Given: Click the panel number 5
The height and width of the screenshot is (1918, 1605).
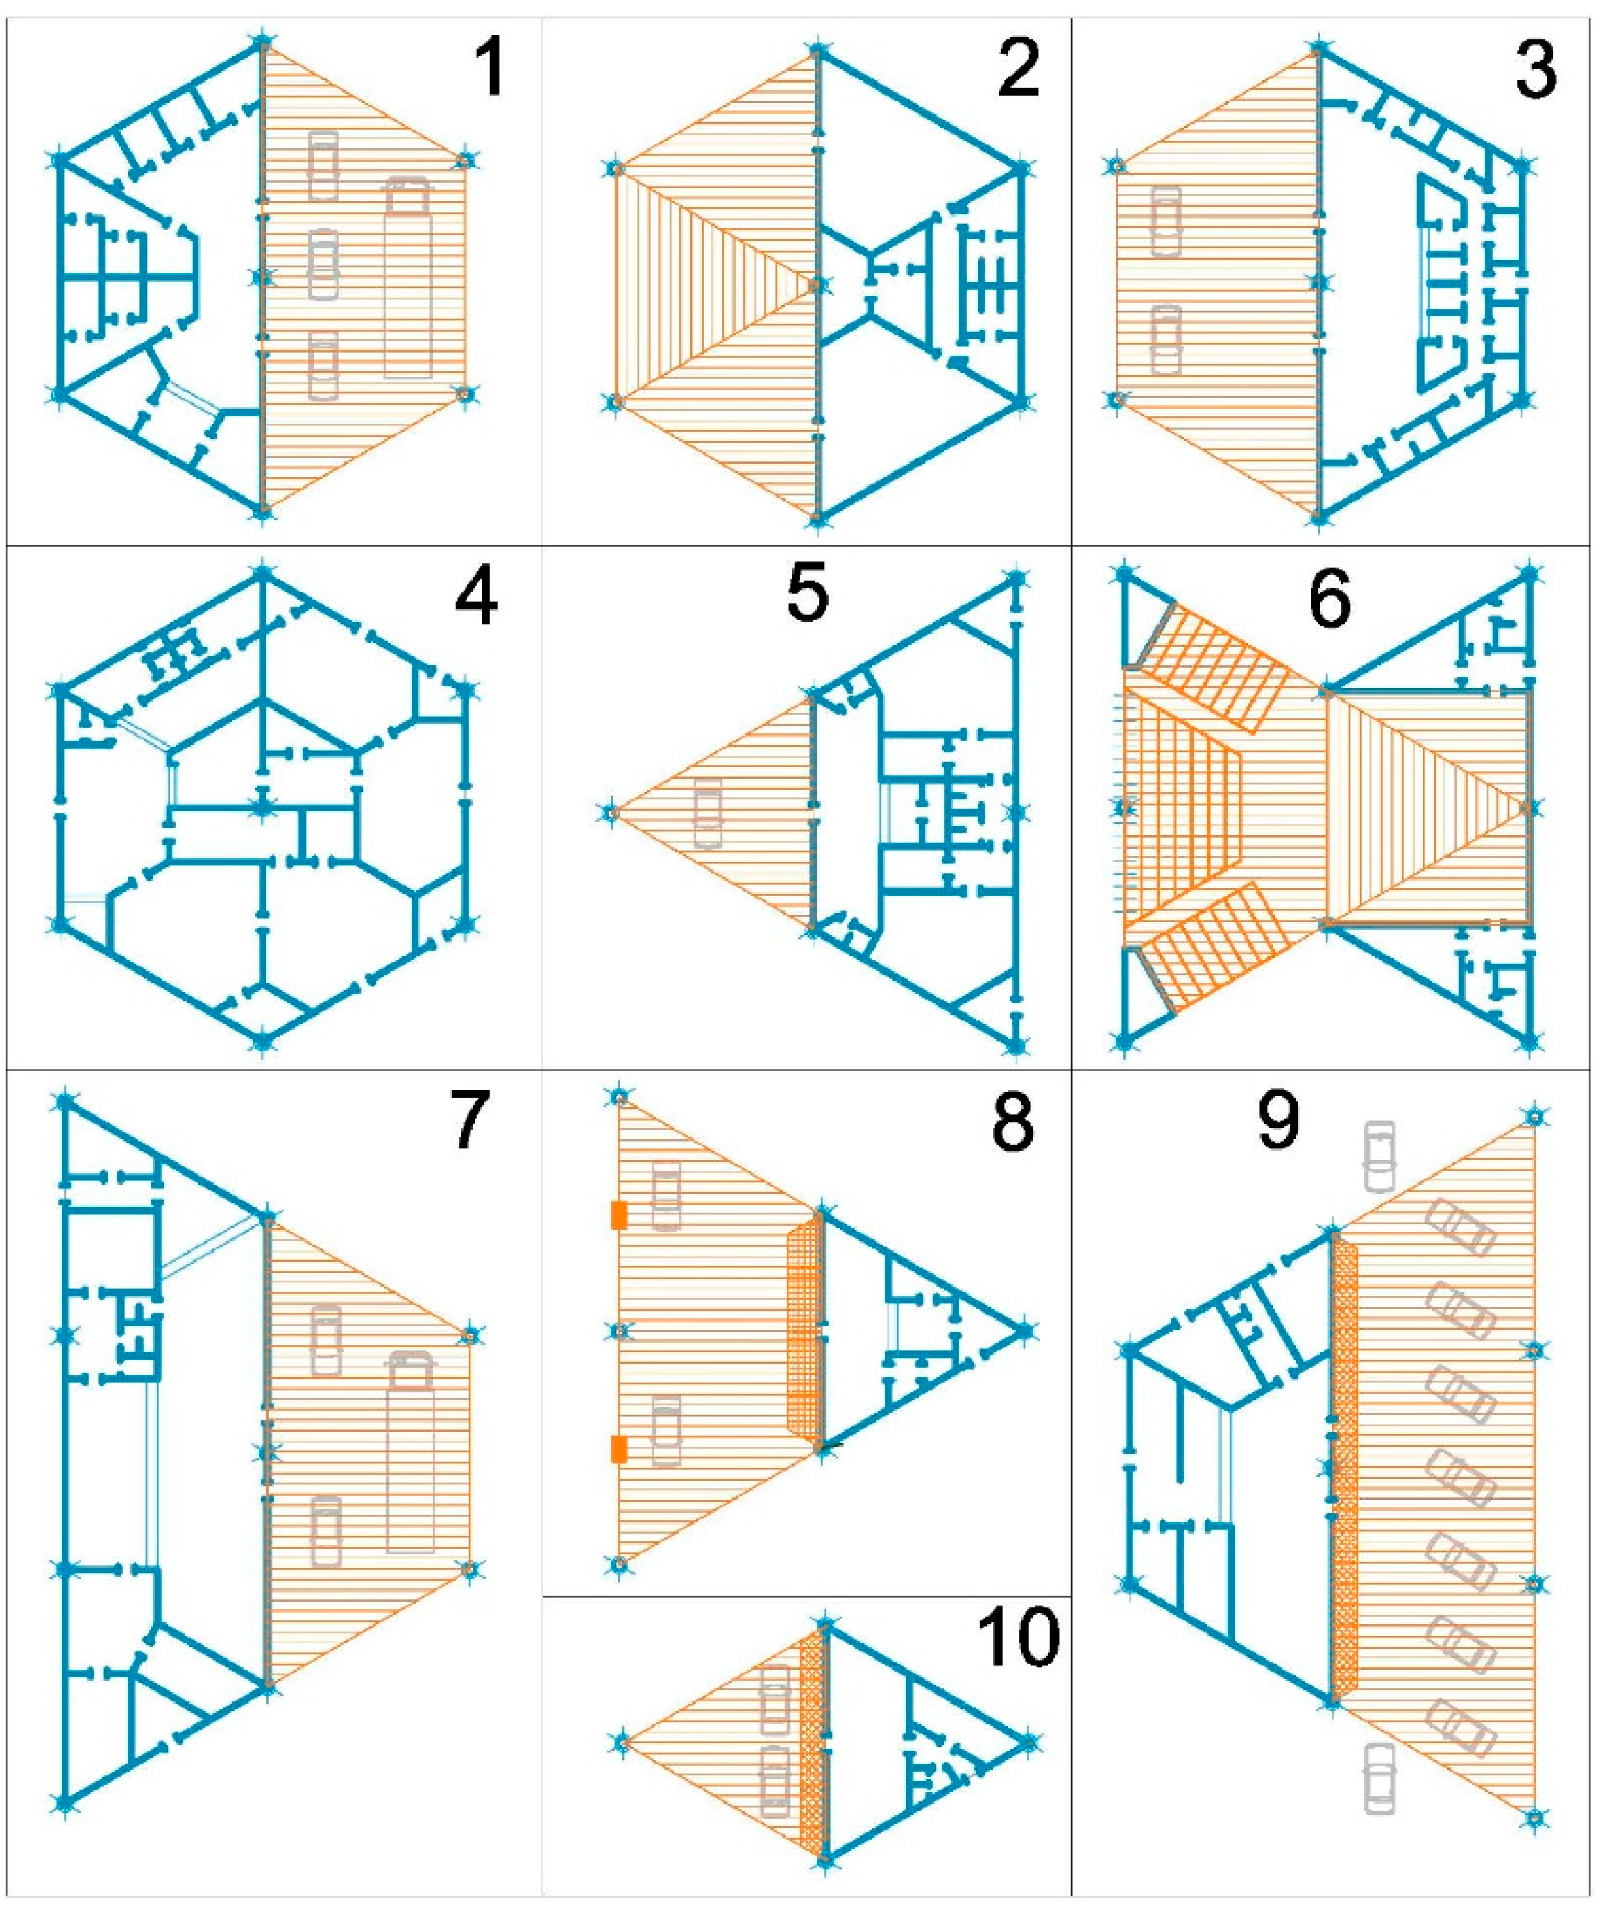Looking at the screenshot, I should pos(806,594).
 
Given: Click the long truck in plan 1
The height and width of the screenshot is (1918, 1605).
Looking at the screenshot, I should pos(407,277).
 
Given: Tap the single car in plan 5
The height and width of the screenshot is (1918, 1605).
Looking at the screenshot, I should pos(708,812).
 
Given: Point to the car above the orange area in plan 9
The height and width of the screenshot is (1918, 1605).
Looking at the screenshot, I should pos(1379,1155).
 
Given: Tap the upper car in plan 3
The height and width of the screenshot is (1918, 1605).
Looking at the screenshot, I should pos(1166,221).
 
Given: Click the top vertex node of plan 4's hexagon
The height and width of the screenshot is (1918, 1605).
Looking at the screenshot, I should pos(263,572).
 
